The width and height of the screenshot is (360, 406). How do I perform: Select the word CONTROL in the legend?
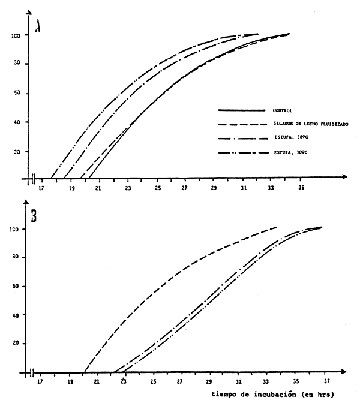coord(281,110)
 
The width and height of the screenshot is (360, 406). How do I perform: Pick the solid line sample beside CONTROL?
coord(241,110)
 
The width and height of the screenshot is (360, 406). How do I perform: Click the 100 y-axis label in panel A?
coord(16,35)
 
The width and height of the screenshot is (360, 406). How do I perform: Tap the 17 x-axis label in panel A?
coord(41,188)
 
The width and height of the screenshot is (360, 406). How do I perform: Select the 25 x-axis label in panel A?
coord(156,188)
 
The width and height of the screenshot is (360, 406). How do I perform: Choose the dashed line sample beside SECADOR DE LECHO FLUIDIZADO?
coord(241,124)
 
